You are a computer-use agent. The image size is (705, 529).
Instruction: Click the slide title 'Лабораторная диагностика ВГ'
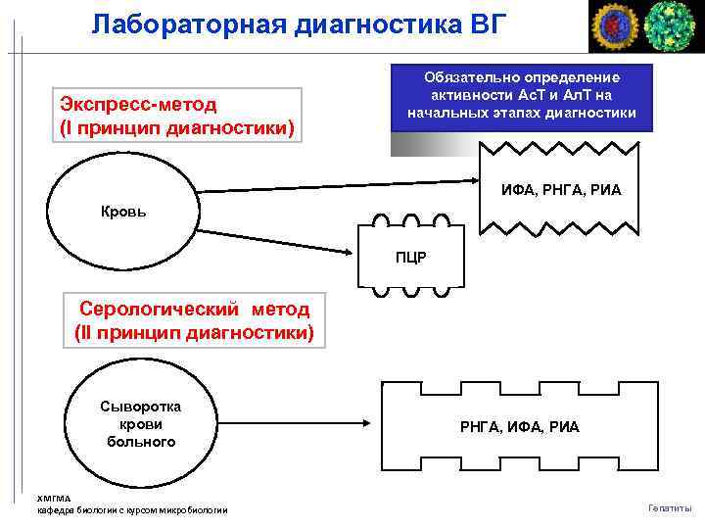coord(300,24)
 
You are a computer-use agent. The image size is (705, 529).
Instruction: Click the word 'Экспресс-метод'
coord(138,104)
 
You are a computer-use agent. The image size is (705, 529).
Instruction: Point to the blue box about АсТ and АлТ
coord(522,96)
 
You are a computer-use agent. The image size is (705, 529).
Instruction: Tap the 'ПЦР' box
coord(410,258)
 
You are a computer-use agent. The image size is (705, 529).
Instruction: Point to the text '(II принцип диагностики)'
coord(194,333)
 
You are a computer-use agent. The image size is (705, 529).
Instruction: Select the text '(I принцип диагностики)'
coord(177,128)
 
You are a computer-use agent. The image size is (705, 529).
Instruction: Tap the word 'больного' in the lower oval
coord(141,442)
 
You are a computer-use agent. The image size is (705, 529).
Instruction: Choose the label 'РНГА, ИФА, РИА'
coord(520,426)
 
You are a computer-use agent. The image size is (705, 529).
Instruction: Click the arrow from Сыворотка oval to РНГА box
coord(294,425)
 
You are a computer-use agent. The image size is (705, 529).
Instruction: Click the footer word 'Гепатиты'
coord(670,507)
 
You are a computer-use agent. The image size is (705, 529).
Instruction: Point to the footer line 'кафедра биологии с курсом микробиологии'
coord(132,510)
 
